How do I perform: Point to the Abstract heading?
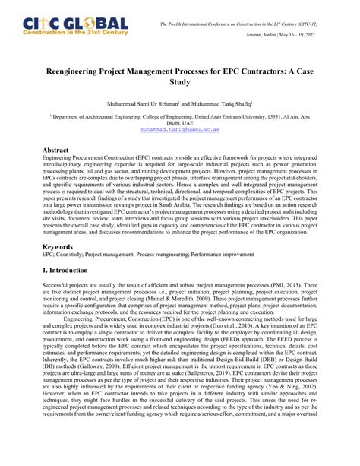62,151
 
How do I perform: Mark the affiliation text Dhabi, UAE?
180,122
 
